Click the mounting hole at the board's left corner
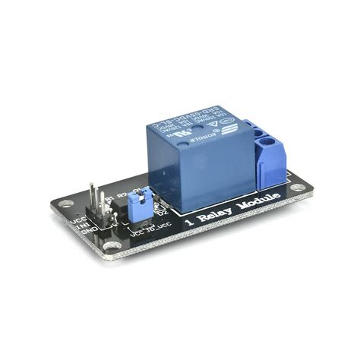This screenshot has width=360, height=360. [65, 204]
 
